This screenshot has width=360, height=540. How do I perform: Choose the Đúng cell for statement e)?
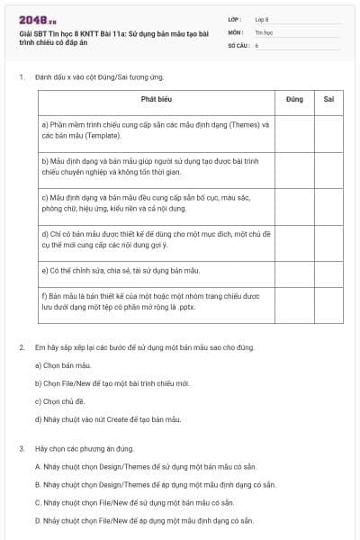(x=294, y=269)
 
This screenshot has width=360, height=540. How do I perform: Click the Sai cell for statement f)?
(x=328, y=302)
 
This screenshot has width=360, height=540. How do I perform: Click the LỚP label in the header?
(x=233, y=18)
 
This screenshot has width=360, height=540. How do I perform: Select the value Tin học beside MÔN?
(x=264, y=31)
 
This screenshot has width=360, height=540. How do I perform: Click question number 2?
(x=21, y=347)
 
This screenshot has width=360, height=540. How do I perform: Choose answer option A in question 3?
(x=37, y=466)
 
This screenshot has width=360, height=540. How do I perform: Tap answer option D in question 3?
(x=37, y=519)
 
